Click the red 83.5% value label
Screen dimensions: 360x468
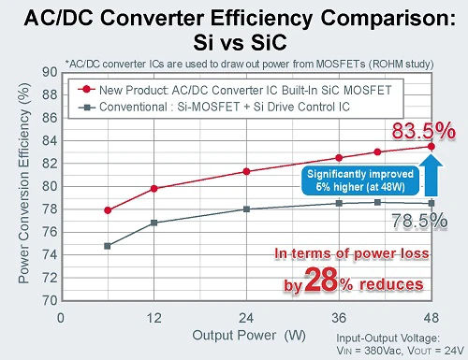(x=422, y=131)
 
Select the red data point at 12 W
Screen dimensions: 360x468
(x=154, y=188)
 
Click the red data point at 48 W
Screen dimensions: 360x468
(x=431, y=146)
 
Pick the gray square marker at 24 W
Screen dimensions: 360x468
(x=246, y=209)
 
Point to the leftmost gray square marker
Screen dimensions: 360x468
(x=108, y=246)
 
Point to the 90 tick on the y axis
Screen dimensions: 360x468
(x=50, y=71)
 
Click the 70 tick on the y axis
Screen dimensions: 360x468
(x=50, y=301)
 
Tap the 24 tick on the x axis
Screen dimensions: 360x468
(x=246, y=316)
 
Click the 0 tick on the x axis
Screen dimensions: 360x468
(x=62, y=316)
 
